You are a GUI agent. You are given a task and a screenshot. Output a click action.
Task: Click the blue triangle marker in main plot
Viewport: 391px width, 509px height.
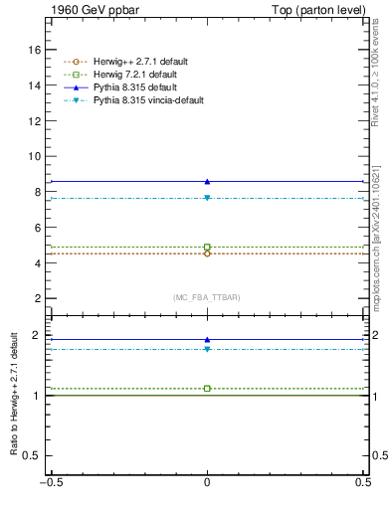(207, 181)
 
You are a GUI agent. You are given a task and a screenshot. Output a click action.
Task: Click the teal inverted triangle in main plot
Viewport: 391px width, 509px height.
(207, 198)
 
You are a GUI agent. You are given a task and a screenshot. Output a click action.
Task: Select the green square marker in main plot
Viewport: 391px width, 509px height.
(207, 247)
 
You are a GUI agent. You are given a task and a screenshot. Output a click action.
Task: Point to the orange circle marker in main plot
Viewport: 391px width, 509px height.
(207, 254)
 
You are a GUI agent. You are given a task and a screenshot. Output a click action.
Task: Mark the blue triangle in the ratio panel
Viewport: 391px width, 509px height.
(207, 339)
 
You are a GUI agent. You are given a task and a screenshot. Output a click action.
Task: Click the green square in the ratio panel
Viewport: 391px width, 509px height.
(207, 388)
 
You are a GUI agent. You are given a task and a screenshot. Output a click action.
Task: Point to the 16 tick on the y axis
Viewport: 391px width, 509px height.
(35, 50)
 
